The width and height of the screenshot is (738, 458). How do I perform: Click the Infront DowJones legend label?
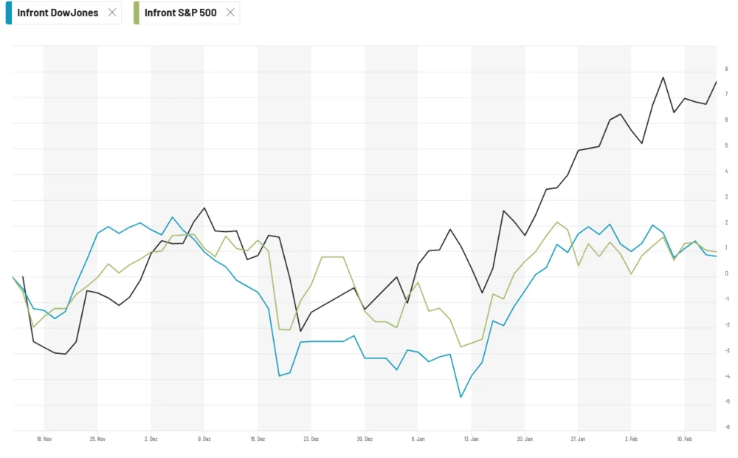pyautogui.click(x=58, y=13)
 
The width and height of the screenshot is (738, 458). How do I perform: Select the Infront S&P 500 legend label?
pyautogui.click(x=180, y=13)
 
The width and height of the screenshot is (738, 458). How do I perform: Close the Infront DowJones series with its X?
pyautogui.click(x=112, y=13)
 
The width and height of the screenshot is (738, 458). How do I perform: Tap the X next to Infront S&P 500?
pyautogui.click(x=230, y=13)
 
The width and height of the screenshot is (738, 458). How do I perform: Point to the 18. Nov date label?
pyautogui.click(x=44, y=439)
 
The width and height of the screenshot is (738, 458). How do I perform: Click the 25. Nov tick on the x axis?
pyautogui.click(x=97, y=439)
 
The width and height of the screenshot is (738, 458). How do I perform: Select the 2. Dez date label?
pyautogui.click(x=151, y=439)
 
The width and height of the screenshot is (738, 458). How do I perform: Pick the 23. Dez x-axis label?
pyautogui.click(x=311, y=439)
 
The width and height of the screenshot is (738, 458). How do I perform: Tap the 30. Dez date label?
pyautogui.click(x=365, y=439)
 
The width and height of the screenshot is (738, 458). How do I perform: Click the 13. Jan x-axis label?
pyautogui.click(x=471, y=439)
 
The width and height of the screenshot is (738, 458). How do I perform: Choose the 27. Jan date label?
pyautogui.click(x=578, y=439)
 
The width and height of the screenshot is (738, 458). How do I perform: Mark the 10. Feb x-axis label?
pyautogui.click(x=684, y=439)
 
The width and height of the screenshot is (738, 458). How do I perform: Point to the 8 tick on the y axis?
pyautogui.click(x=726, y=69)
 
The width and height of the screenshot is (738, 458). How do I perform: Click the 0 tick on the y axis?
pyautogui.click(x=726, y=273)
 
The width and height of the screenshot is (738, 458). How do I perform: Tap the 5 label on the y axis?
pyautogui.click(x=726, y=146)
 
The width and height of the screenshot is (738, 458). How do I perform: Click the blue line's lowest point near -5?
pyautogui.click(x=461, y=397)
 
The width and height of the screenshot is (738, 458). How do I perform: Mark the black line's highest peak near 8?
pyautogui.click(x=663, y=77)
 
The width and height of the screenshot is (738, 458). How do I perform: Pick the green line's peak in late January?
pyautogui.click(x=557, y=222)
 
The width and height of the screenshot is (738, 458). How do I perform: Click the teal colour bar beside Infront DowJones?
pyautogui.click(x=9, y=13)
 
